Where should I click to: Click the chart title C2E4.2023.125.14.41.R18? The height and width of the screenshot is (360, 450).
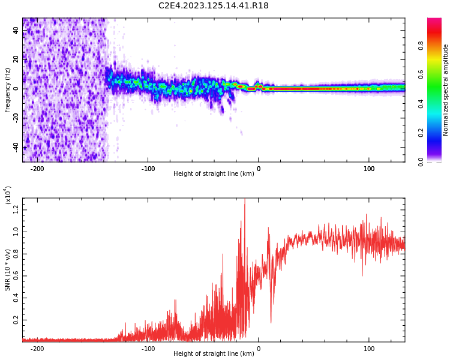pyautogui.click(x=214, y=6)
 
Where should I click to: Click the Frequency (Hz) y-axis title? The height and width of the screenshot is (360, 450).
pyautogui.click(x=8, y=89)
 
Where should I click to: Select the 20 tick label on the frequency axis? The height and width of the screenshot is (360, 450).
pyautogui.click(x=16, y=59)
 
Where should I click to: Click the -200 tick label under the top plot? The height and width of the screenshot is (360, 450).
pyautogui.click(x=37, y=169)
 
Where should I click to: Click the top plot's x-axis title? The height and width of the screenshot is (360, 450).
pyautogui.click(x=214, y=174)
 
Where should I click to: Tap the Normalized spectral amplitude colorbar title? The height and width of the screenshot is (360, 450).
pyautogui.click(x=446, y=90)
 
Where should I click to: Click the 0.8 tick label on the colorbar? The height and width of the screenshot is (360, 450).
pyautogui.click(x=437, y=44)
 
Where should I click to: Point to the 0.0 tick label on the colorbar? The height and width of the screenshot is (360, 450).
pyautogui.click(x=437, y=161)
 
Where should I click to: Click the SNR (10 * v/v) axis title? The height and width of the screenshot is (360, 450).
pyautogui.click(x=8, y=269)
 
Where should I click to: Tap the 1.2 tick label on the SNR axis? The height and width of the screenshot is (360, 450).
pyautogui.click(x=15, y=208)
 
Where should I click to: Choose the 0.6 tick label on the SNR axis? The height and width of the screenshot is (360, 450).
pyautogui.click(x=15, y=275)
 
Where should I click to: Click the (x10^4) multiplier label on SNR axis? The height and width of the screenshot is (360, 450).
pyautogui.click(x=8, y=194)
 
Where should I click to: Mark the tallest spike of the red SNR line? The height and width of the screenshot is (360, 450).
pyautogui.click(x=245, y=200)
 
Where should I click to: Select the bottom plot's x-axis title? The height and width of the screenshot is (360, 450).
pyautogui.click(x=214, y=354)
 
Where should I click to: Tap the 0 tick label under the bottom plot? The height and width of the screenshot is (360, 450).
pyautogui.click(x=259, y=349)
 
